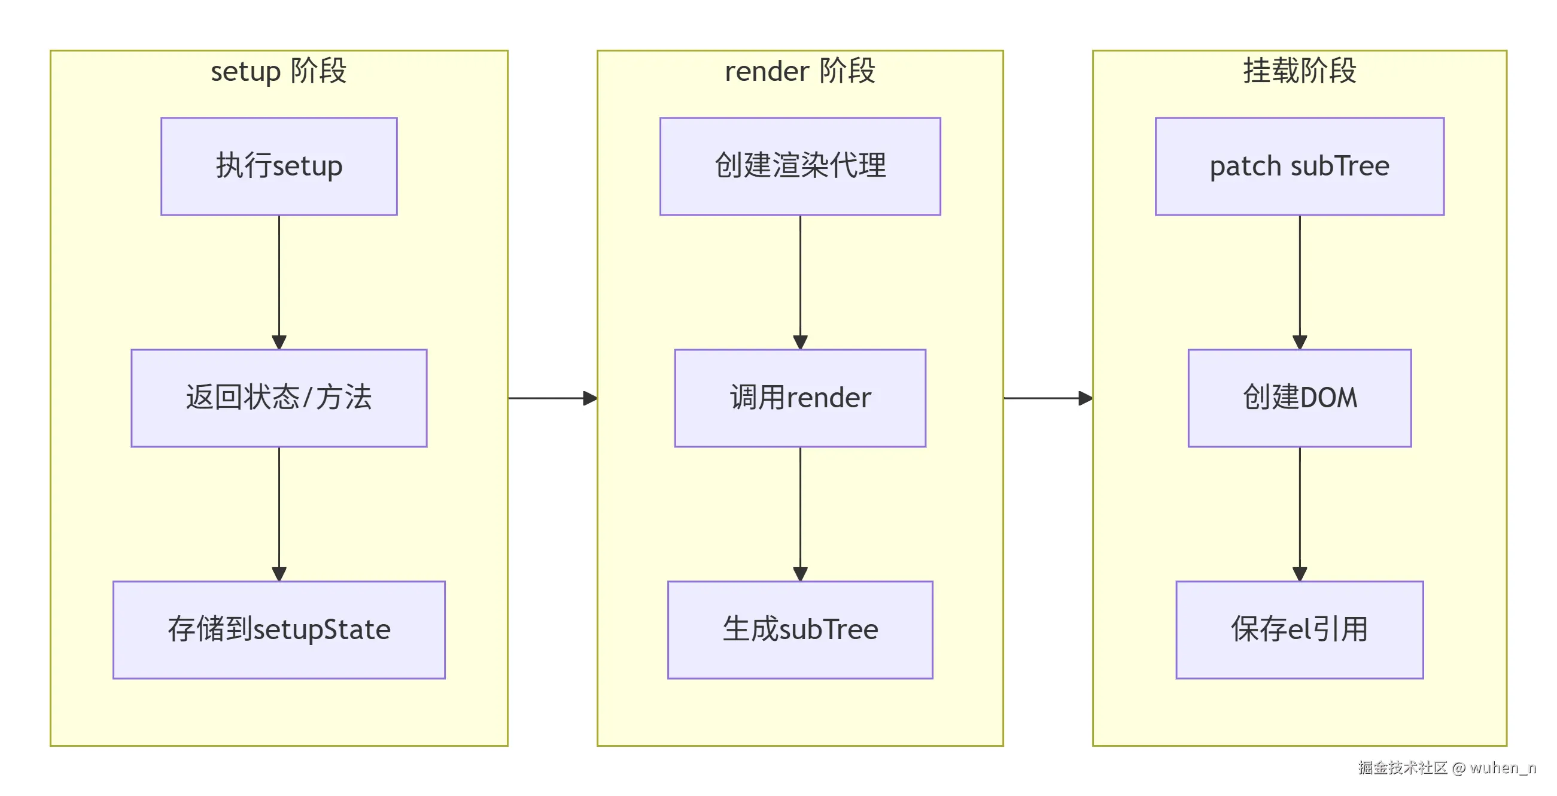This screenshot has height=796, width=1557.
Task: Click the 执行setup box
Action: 279,167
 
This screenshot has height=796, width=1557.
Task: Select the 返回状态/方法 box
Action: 279,398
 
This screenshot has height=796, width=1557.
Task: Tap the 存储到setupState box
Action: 279,629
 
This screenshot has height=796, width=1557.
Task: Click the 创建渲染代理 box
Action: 799,167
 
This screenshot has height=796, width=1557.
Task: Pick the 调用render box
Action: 799,398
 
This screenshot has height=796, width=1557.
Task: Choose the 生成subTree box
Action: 799,629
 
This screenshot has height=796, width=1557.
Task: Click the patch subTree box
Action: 1299,167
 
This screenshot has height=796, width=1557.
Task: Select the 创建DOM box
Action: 1299,398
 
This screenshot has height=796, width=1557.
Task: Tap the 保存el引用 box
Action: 1299,629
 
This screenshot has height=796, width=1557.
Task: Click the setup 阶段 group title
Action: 279,71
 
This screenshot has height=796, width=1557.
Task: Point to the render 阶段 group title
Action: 799,71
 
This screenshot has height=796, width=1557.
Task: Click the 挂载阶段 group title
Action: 1299,71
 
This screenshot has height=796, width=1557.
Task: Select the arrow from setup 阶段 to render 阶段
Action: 552,398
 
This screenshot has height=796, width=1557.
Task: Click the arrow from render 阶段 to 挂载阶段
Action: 1047,398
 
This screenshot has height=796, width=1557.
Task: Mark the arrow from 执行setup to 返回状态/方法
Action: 279,282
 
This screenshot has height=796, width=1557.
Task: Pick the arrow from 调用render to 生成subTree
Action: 799,514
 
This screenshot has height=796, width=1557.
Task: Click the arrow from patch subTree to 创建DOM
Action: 1299,282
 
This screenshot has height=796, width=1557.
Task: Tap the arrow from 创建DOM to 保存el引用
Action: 1299,514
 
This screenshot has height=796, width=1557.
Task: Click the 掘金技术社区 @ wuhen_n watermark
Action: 1446,768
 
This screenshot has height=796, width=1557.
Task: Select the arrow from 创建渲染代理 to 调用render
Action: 799,282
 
